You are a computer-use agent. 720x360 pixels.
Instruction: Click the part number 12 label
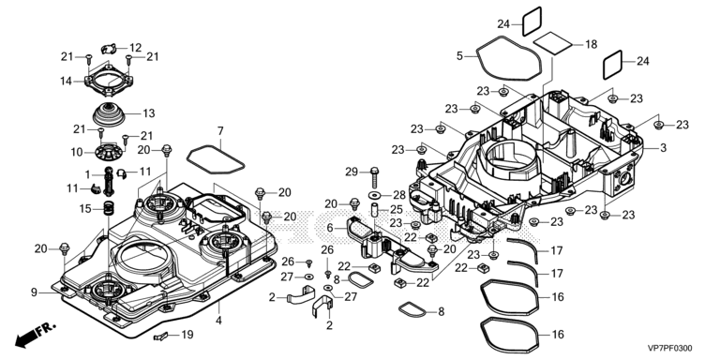click(x=135, y=48)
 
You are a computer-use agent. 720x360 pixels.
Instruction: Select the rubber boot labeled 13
click(x=109, y=114)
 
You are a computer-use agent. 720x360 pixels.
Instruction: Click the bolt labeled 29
click(x=374, y=176)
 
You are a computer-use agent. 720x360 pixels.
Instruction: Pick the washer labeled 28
click(x=374, y=196)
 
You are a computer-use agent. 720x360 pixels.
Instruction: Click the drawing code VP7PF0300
click(x=670, y=349)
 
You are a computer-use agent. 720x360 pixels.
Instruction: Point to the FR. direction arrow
click(x=35, y=335)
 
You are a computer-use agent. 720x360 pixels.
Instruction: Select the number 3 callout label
click(x=663, y=148)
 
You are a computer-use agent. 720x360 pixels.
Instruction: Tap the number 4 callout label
click(x=218, y=320)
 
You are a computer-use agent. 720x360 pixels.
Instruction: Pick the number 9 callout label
click(x=34, y=292)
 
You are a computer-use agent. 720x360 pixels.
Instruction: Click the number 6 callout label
click(x=330, y=227)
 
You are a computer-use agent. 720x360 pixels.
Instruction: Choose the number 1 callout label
click(x=87, y=174)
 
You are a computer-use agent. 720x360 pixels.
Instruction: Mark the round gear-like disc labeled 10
click(x=110, y=152)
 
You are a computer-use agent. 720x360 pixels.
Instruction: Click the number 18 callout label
click(x=592, y=44)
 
